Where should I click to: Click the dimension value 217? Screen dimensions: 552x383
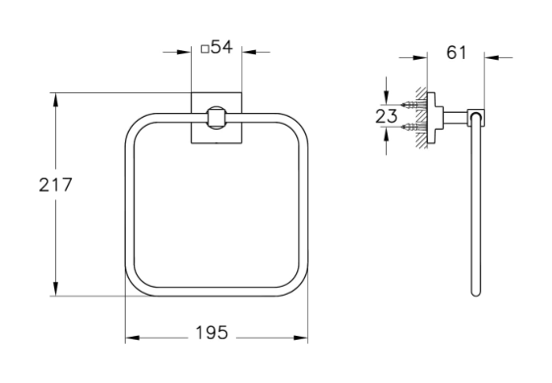pyautogui.click(x=55, y=185)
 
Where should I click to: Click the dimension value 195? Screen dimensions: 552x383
pyautogui.click(x=212, y=332)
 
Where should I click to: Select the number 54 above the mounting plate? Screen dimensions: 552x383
pyautogui.click(x=221, y=47)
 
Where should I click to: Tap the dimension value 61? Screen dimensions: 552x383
pyautogui.click(x=456, y=53)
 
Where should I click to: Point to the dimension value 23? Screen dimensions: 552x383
pyautogui.click(x=386, y=116)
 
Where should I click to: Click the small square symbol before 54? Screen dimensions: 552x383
pyautogui.click(x=205, y=49)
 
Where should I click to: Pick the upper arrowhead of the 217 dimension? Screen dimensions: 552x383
pyautogui.click(x=55, y=99)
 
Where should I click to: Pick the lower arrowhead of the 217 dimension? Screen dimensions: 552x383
pyautogui.click(x=55, y=289)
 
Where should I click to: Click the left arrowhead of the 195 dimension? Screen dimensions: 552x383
pyautogui.click(x=133, y=338)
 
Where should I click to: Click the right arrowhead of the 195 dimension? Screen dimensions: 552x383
pyautogui.click(x=301, y=338)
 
